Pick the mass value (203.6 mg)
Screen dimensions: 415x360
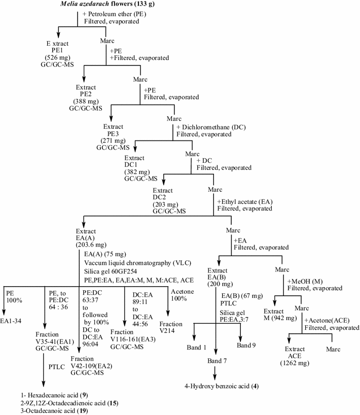coord(92,243)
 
